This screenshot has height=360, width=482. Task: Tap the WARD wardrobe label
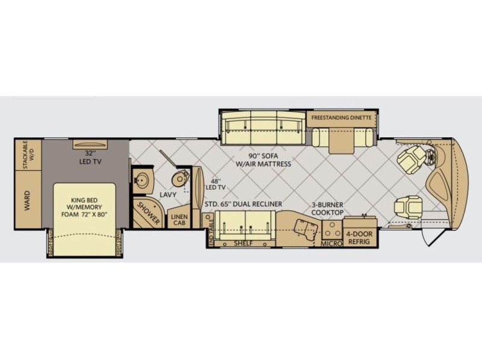(x=27, y=200)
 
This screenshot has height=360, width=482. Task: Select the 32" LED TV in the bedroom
(x=90, y=144)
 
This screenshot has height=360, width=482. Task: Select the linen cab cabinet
(x=179, y=219)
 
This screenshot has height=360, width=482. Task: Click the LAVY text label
(x=168, y=194)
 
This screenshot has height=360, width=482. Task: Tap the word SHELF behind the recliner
(x=243, y=244)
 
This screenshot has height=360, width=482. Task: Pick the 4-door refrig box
(x=359, y=237)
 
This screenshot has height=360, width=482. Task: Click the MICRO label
(x=331, y=244)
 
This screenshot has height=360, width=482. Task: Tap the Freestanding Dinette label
(x=341, y=117)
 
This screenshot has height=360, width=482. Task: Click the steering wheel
(x=431, y=158)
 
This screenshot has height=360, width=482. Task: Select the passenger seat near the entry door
(x=407, y=207)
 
